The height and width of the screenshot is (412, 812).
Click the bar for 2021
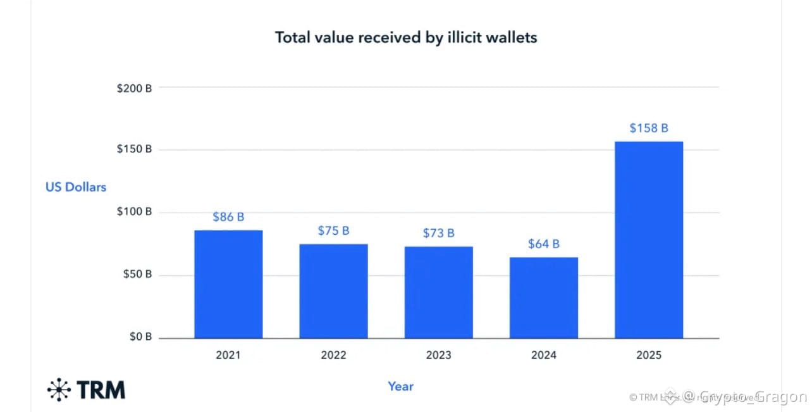228,284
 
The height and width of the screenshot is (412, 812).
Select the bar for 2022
333,291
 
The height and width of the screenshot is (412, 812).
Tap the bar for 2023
438,292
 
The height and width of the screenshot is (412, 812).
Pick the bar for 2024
544,297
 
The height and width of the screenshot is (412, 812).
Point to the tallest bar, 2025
649,240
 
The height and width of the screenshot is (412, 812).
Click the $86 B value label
228,217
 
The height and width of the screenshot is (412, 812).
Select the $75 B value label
333,231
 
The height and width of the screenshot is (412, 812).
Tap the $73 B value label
438,234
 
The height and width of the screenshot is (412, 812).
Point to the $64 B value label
544,244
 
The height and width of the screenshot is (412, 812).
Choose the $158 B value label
649,128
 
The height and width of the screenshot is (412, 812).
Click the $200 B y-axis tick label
134,89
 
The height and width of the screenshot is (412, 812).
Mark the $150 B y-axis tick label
134,150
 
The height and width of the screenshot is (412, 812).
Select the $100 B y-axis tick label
134,212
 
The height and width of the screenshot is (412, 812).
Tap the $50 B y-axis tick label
137,275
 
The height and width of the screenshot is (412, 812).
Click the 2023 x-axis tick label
438,355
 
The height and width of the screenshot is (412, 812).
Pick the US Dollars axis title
76,187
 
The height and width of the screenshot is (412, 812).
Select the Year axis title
401,386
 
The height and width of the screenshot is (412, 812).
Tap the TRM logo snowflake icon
59,390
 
